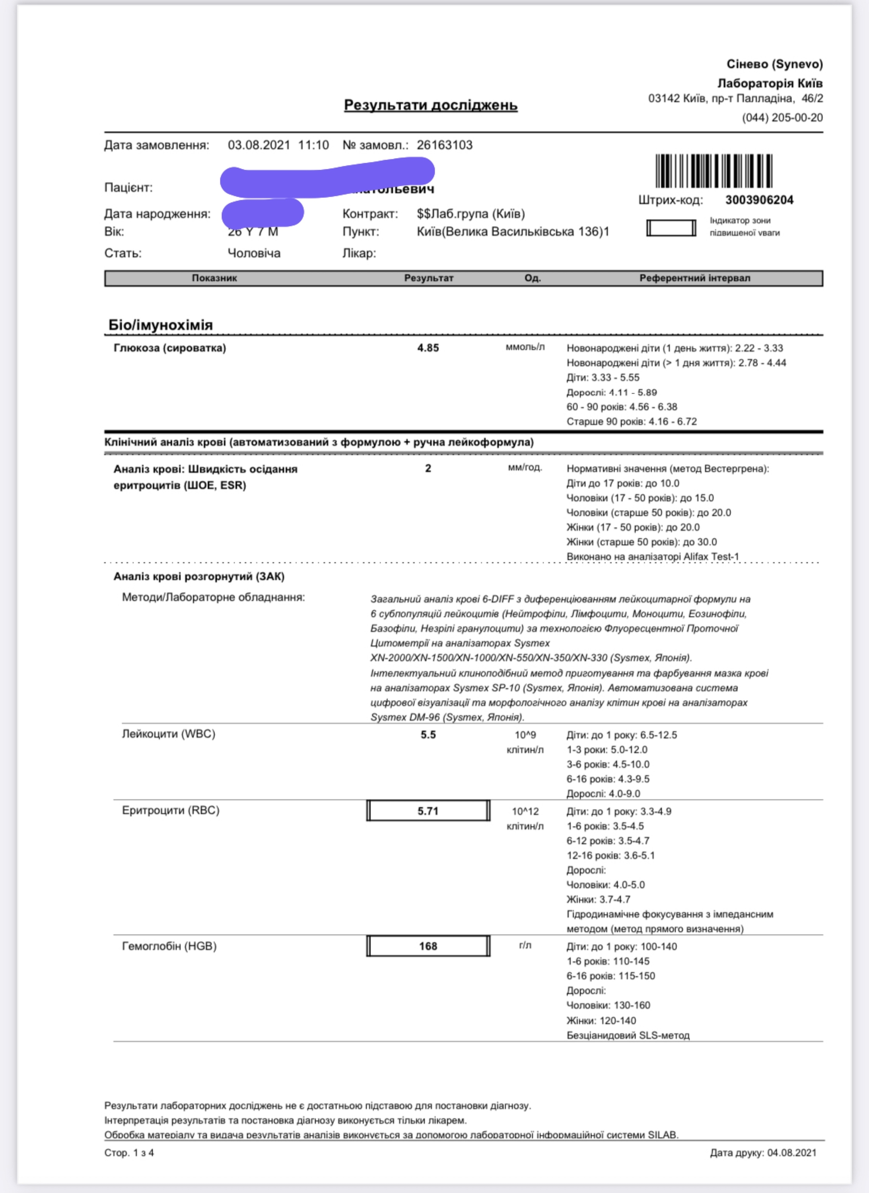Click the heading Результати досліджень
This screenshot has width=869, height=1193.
pyautogui.click(x=431, y=105)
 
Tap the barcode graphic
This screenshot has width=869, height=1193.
pyautogui.click(x=713, y=170)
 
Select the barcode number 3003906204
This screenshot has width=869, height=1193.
pyautogui.click(x=759, y=200)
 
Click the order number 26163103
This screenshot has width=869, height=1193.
pyautogui.click(x=444, y=145)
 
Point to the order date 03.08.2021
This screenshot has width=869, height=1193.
pyautogui.click(x=258, y=145)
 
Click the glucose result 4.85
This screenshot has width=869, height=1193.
pyautogui.click(x=428, y=348)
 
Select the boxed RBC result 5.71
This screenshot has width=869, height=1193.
pyautogui.click(x=428, y=810)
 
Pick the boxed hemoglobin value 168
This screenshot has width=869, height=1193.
pyautogui.click(x=428, y=946)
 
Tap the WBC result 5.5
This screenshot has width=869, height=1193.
pyautogui.click(x=428, y=734)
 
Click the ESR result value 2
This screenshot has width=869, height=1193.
pyautogui.click(x=428, y=468)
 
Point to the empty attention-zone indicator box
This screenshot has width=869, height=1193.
pyautogui.click(x=671, y=228)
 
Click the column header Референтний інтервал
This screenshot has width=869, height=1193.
pyautogui.click(x=695, y=278)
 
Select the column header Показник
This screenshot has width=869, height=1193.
pyautogui.click(x=214, y=278)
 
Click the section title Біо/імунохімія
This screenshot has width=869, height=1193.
pyautogui.click(x=160, y=325)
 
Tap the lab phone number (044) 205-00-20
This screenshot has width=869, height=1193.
pyautogui.click(x=782, y=118)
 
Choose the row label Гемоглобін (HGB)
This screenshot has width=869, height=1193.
pyautogui.click(x=169, y=946)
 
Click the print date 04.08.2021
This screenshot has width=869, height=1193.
pyautogui.click(x=792, y=1152)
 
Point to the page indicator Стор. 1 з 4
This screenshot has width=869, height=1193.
pyautogui.click(x=129, y=1152)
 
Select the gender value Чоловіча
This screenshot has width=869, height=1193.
pyautogui.click(x=254, y=253)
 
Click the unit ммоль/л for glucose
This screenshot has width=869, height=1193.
pyautogui.click(x=525, y=347)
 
